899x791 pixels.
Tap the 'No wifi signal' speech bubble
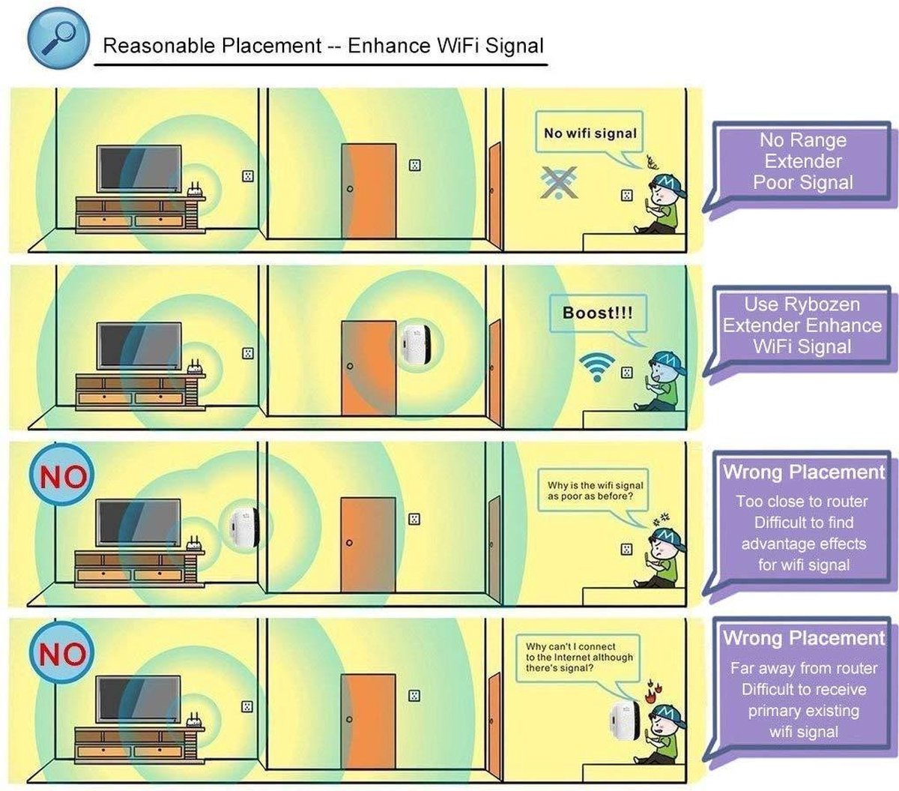coord(590,133)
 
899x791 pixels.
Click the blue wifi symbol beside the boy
coord(596,367)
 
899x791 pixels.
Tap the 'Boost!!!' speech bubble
coord(597,313)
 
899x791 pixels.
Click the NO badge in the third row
coord(62,476)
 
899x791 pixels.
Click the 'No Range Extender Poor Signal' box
coord(802,162)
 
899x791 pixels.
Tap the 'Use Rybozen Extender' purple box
coord(802,325)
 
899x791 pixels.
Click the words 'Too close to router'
coord(802,502)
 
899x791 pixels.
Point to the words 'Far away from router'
coord(803,668)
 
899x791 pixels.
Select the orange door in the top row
coord(368,191)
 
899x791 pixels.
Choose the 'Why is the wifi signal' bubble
coord(595,491)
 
